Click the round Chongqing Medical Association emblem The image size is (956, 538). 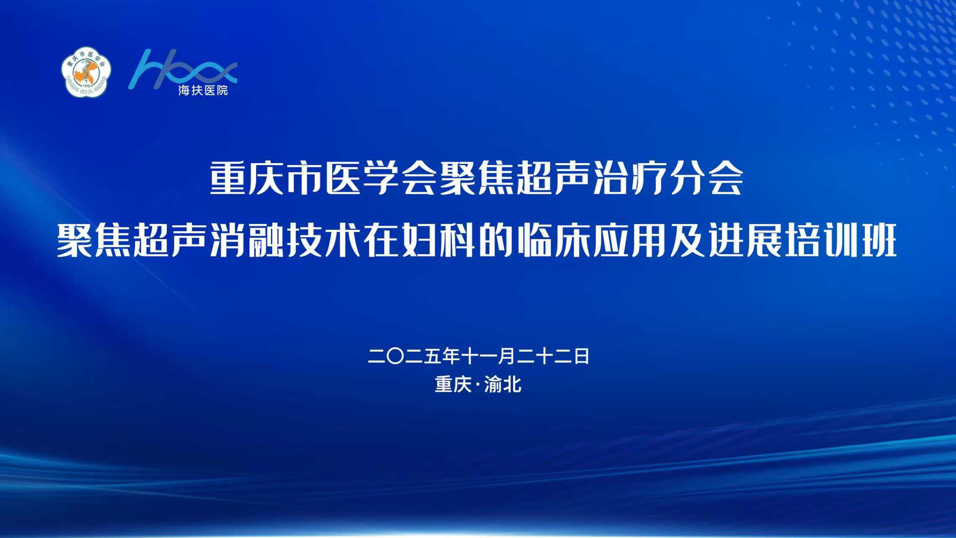pyautogui.click(x=87, y=71)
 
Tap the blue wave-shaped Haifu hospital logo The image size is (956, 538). pyautogui.click(x=183, y=69)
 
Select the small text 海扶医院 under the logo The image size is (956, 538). pyautogui.click(x=203, y=90)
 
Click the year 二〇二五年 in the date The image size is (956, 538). pyautogui.click(x=414, y=356)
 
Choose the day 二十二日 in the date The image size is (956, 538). pyautogui.click(x=553, y=356)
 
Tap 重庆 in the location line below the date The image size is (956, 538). pyautogui.click(x=453, y=384)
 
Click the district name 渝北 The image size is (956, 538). pyautogui.click(x=503, y=384)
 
